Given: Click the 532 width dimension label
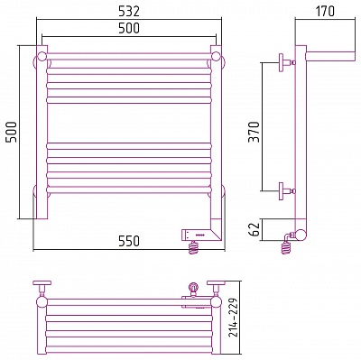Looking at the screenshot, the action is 129,12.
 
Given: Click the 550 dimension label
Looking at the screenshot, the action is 129,241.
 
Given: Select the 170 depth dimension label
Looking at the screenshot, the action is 325,12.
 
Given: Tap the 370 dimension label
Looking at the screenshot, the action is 255,132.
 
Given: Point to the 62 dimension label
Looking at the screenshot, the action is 255,230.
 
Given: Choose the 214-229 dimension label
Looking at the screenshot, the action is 233,318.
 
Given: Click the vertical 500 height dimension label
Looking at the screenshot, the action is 12,132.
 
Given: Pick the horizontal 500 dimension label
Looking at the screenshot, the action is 129,28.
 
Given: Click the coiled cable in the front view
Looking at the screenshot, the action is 195,248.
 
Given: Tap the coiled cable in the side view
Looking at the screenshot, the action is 286,245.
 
